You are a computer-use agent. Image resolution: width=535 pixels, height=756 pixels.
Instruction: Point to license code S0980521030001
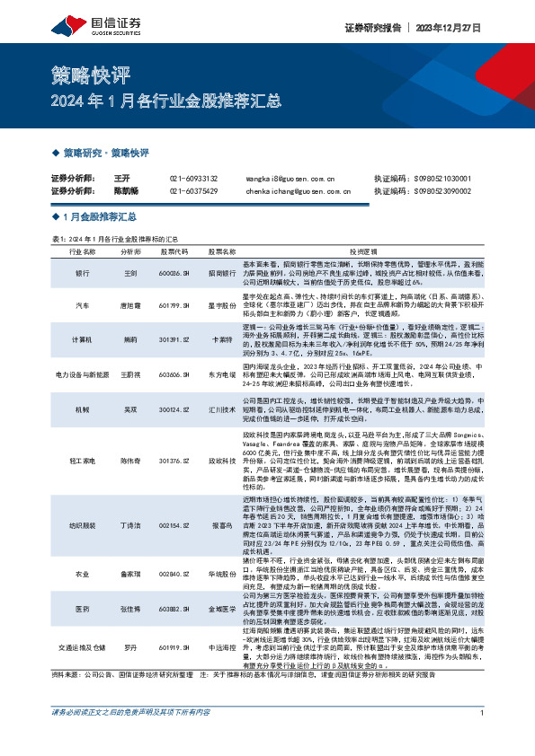tap(455, 179)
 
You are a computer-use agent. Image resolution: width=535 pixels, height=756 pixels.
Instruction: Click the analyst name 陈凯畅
tap(125, 191)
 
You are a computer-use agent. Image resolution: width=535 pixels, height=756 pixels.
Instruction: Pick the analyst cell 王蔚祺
tap(129, 374)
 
